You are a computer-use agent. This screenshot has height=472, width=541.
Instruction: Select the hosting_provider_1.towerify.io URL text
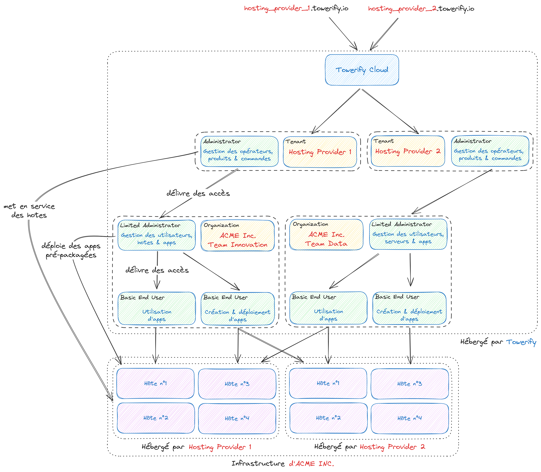click(x=296, y=9)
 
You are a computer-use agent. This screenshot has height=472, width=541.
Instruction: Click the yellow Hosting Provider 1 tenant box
click(x=320, y=152)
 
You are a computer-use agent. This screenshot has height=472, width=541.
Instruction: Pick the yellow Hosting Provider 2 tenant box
click(x=408, y=151)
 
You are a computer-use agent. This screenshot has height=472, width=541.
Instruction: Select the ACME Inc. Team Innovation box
click(x=237, y=236)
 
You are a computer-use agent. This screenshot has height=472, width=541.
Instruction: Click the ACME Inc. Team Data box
click(x=326, y=235)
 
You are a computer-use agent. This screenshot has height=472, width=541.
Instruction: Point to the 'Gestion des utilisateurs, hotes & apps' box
click(x=156, y=235)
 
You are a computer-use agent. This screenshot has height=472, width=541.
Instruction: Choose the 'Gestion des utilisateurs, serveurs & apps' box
click(x=408, y=234)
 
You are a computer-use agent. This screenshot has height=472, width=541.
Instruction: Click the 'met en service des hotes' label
click(x=29, y=211)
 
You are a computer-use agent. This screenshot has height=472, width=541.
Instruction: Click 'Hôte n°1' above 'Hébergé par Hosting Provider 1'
click(x=155, y=383)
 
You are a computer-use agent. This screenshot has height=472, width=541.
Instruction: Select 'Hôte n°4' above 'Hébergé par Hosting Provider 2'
click(x=410, y=418)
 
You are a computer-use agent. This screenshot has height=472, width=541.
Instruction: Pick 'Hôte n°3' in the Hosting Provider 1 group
click(x=237, y=384)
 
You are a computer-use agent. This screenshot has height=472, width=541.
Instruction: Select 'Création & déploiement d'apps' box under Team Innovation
click(x=237, y=309)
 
